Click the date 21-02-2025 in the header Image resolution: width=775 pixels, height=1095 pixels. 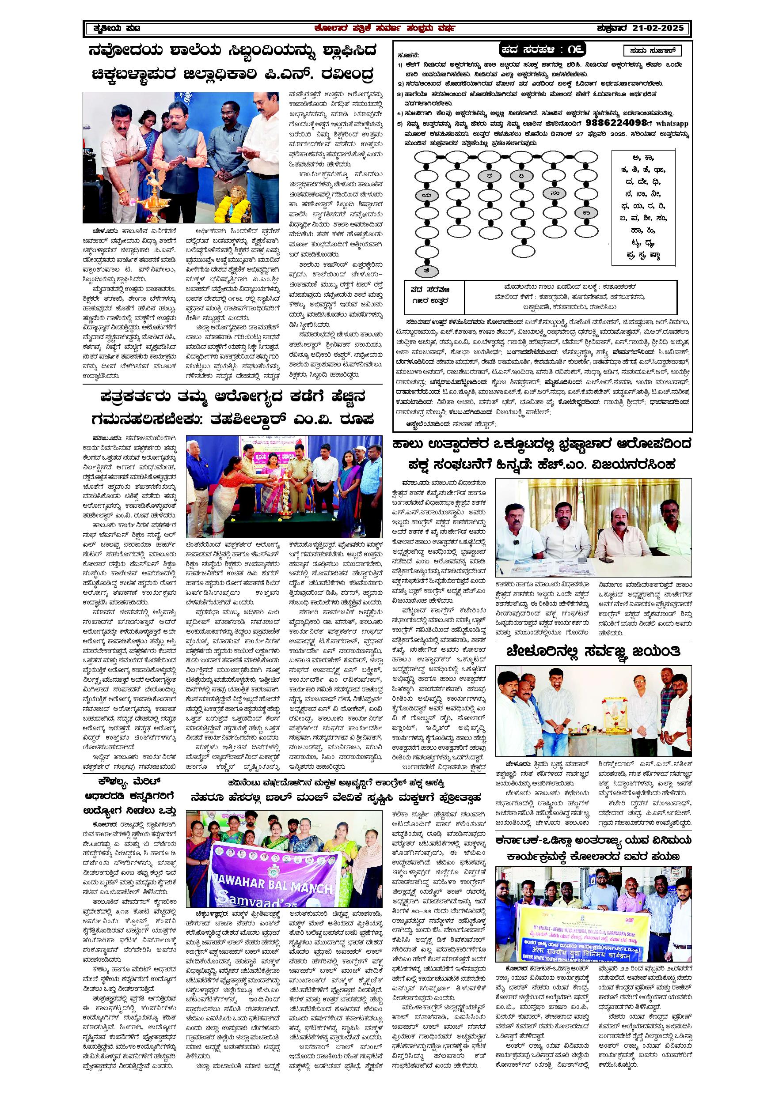658,28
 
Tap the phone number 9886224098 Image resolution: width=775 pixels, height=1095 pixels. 616,123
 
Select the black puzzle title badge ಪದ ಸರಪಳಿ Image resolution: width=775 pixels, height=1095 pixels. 542,50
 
